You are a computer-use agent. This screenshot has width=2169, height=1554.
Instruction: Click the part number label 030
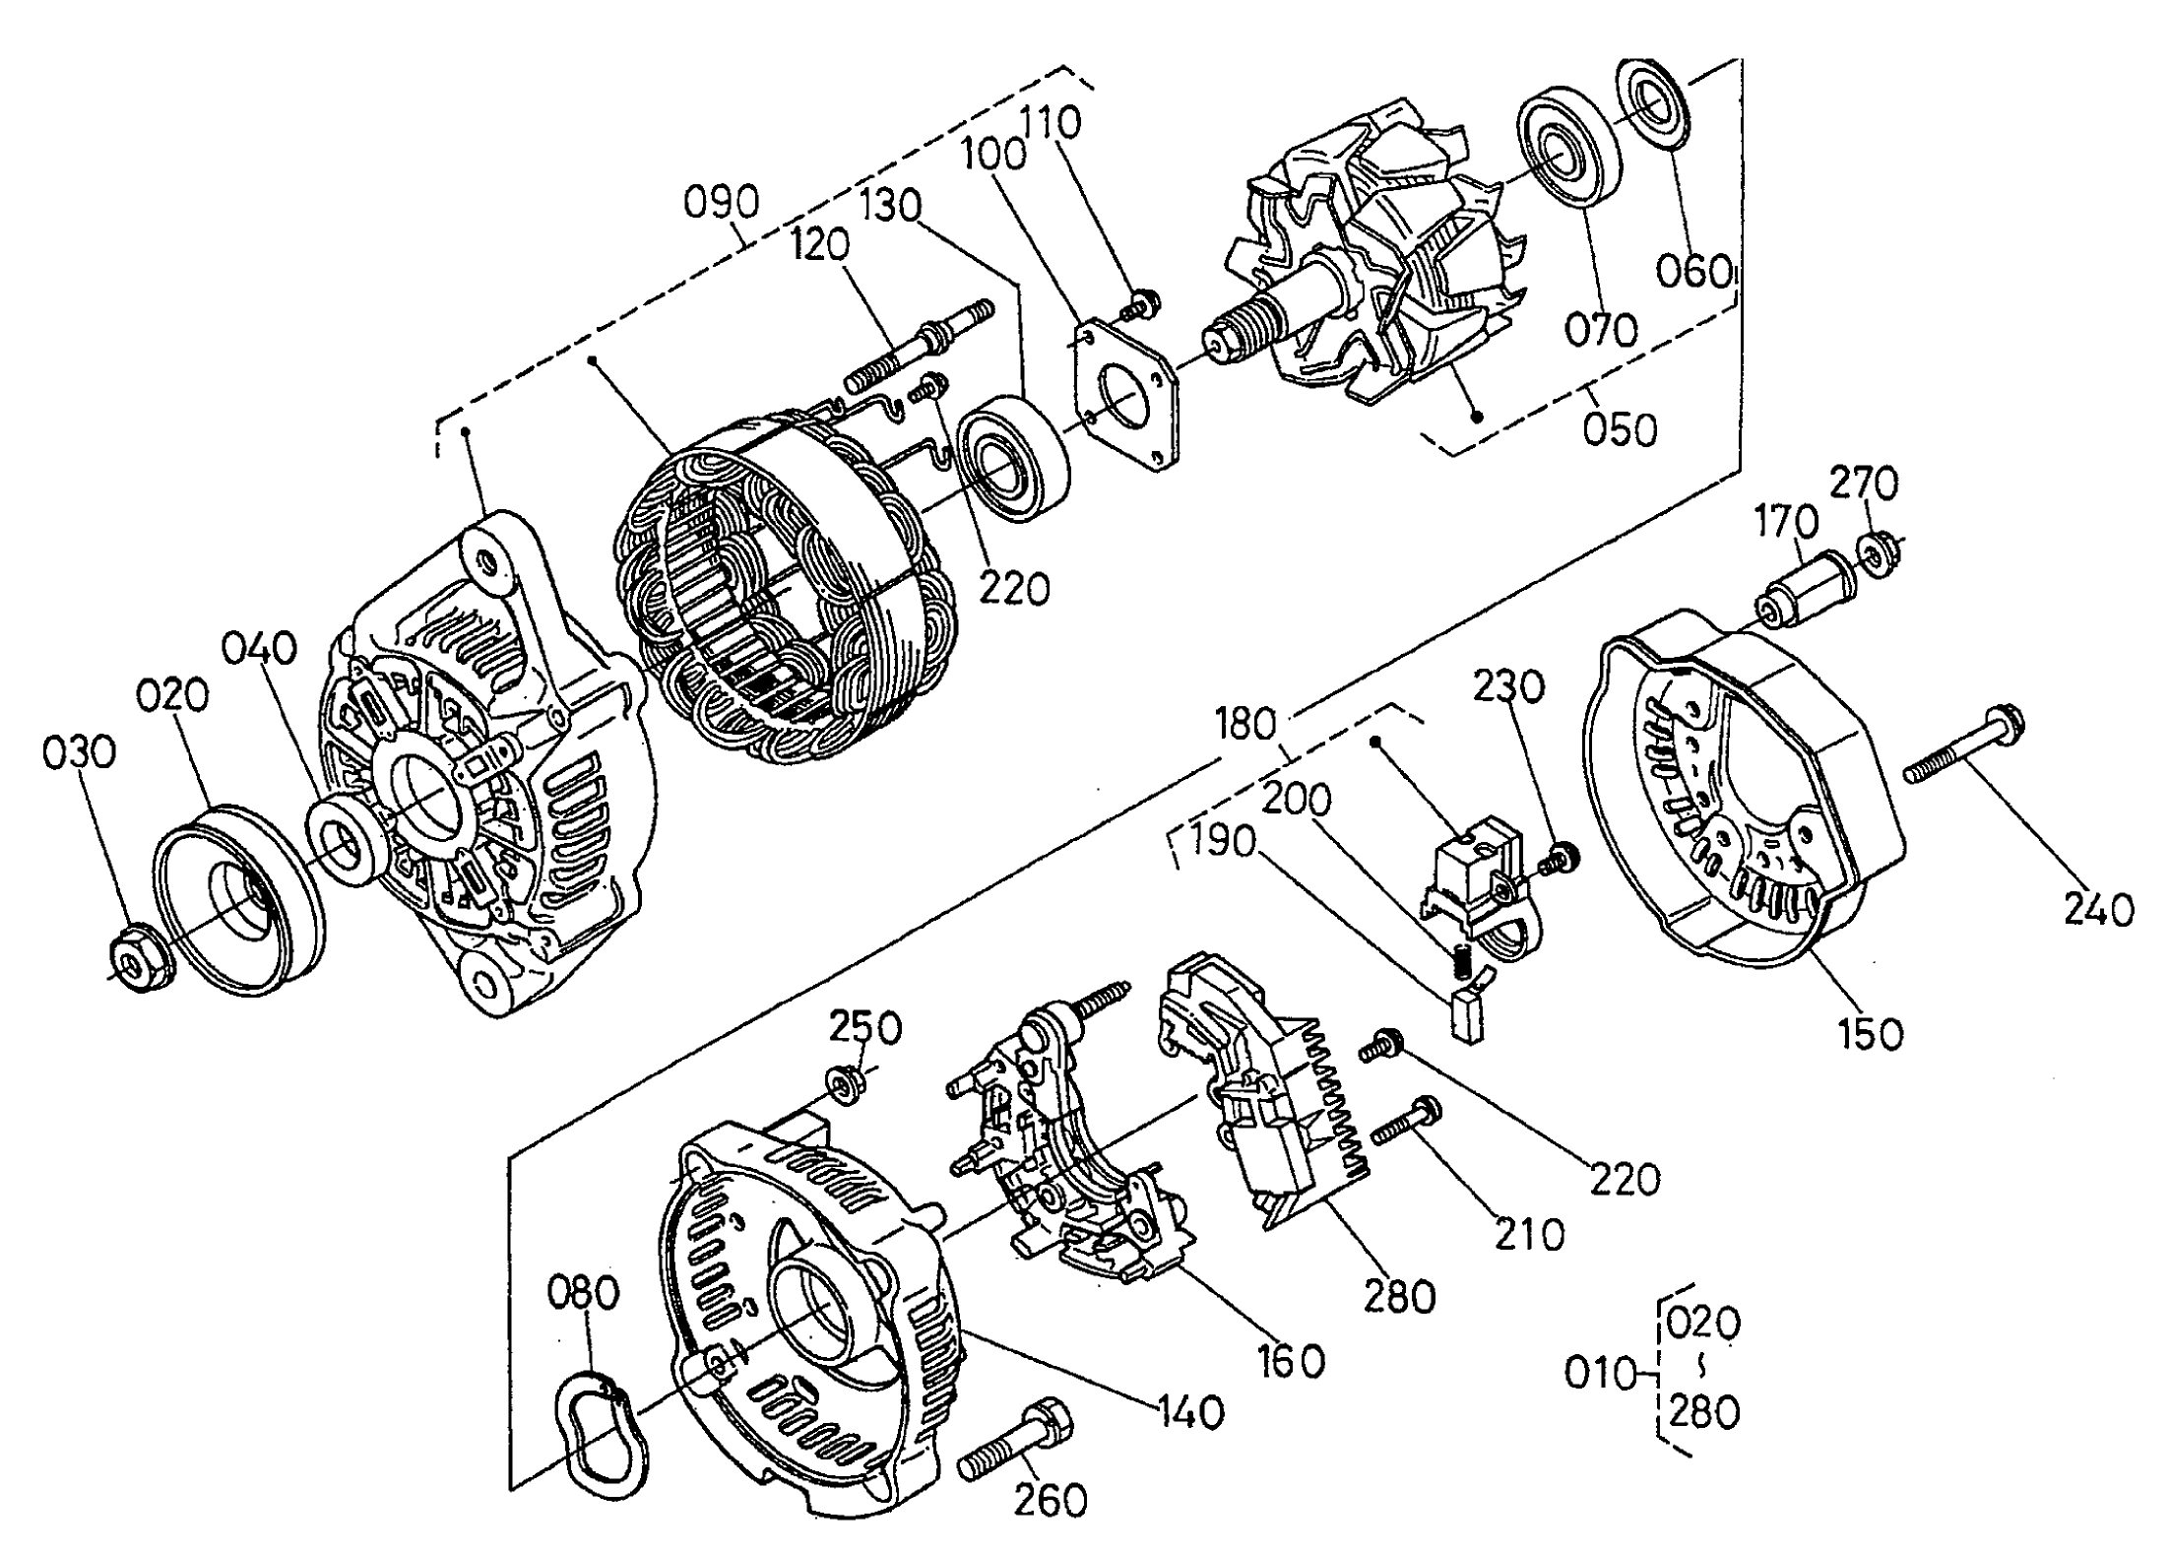(x=79, y=753)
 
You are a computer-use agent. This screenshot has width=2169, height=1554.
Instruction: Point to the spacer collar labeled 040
(x=347, y=844)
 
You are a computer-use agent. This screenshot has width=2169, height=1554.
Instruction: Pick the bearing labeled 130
(x=1014, y=458)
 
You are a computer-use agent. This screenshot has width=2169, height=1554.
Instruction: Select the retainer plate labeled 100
(x=1124, y=396)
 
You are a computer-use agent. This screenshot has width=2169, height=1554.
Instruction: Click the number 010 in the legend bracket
(x=1600, y=1372)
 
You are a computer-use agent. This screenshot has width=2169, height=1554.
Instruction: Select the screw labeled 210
(x=1407, y=1123)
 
